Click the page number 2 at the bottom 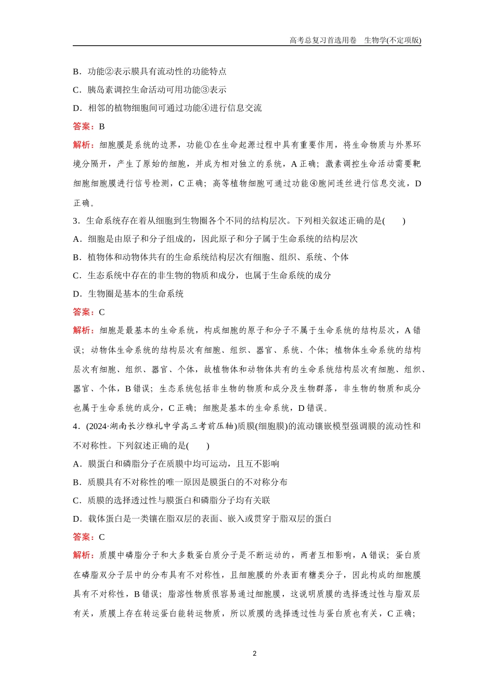(x=254, y=653)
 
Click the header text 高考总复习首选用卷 (x=322, y=40)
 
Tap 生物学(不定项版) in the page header (x=393, y=40)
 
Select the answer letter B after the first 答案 (x=102, y=126)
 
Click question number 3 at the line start (x=75, y=221)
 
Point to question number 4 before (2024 (x=75, y=426)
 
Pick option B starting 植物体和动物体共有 (x=211, y=257)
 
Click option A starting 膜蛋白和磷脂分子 (x=176, y=464)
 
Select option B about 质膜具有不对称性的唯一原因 (x=180, y=482)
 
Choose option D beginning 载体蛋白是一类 (x=202, y=519)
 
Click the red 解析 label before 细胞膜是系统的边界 (x=83, y=145)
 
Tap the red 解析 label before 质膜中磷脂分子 (x=83, y=555)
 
